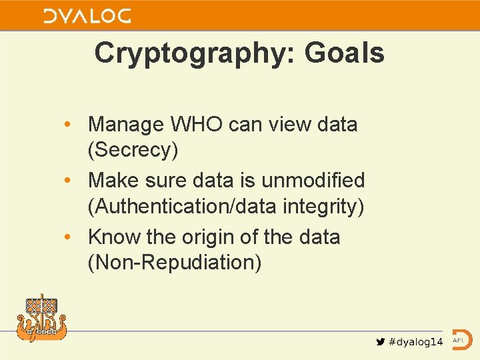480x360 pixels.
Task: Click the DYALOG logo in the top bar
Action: (x=87, y=17)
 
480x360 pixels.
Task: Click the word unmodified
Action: (x=313, y=180)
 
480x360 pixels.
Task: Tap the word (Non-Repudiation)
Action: (x=175, y=263)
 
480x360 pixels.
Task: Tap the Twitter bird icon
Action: (x=380, y=341)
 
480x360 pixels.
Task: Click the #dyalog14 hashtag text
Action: (x=415, y=342)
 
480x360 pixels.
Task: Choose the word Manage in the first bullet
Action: (x=126, y=124)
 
